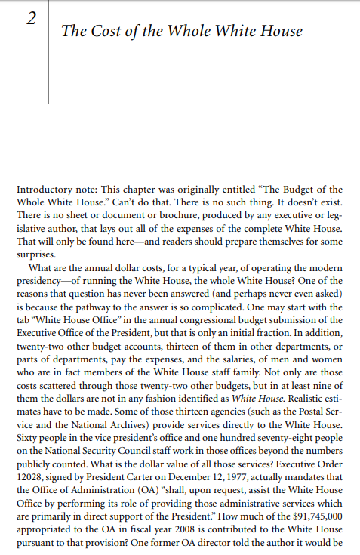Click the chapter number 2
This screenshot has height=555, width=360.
pyautogui.click(x=32, y=21)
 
